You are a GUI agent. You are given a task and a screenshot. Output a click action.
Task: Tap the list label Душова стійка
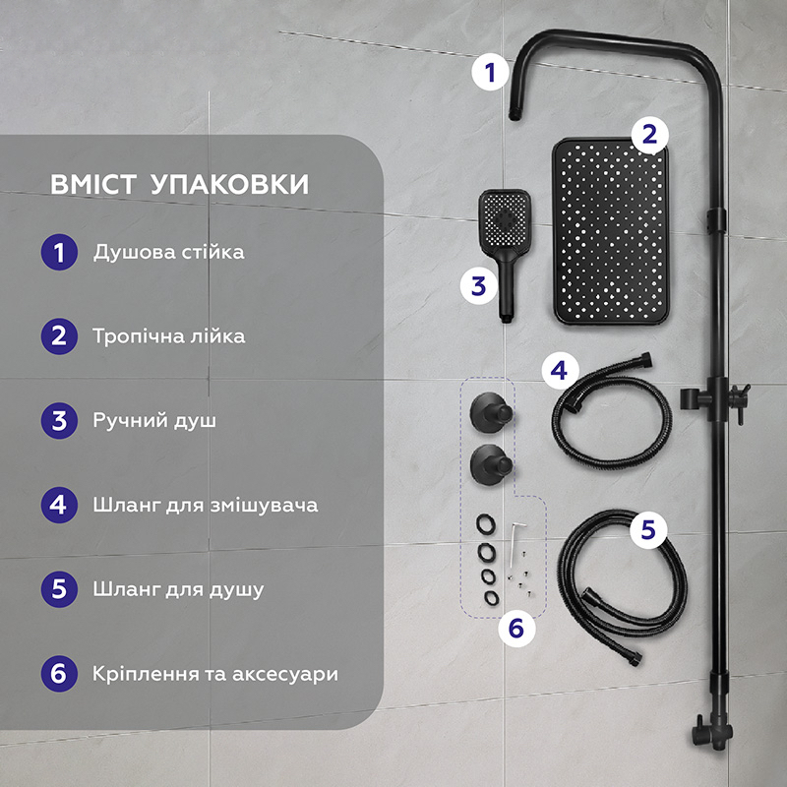168,253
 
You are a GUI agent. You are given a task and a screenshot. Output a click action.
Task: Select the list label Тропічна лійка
169,336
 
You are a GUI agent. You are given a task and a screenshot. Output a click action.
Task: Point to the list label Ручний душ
154,421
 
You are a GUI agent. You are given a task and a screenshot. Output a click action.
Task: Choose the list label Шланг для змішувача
205,506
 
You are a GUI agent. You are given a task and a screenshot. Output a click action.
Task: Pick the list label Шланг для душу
178,590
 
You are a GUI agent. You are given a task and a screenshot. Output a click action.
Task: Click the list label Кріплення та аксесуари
215,675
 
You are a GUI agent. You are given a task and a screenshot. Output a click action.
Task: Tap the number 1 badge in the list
60,253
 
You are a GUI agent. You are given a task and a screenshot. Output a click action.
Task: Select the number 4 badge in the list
60,506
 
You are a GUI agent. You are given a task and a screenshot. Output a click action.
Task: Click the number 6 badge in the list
60,675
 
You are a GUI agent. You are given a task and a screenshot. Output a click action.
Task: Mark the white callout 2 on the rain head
648,135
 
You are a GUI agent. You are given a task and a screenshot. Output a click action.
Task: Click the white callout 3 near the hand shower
478,285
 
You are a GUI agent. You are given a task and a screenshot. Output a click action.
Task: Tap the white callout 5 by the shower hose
647,529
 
